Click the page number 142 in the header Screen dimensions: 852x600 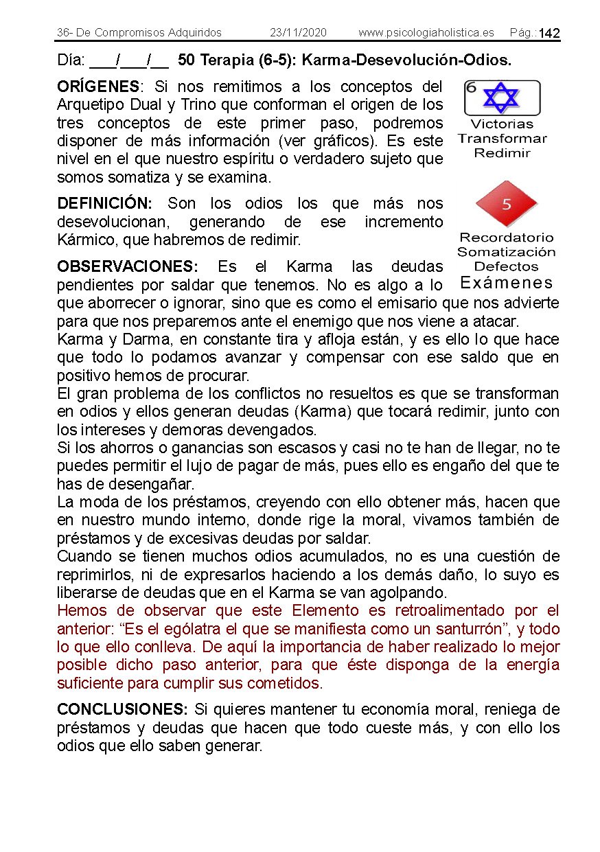coord(550,34)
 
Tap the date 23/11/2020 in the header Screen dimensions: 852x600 coord(298,33)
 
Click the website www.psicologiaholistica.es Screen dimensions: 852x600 coord(426,33)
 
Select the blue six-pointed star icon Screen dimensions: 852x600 coord(502,98)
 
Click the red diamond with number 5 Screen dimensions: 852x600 coord(507,204)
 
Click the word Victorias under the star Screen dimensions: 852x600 coord(502,124)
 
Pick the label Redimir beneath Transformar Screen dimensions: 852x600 coord(502,153)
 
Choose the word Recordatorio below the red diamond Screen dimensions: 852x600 coord(507,238)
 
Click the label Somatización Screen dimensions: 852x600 coord(507,252)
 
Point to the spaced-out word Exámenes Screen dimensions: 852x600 coord(507,283)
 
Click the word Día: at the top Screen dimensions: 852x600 coord(71,60)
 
